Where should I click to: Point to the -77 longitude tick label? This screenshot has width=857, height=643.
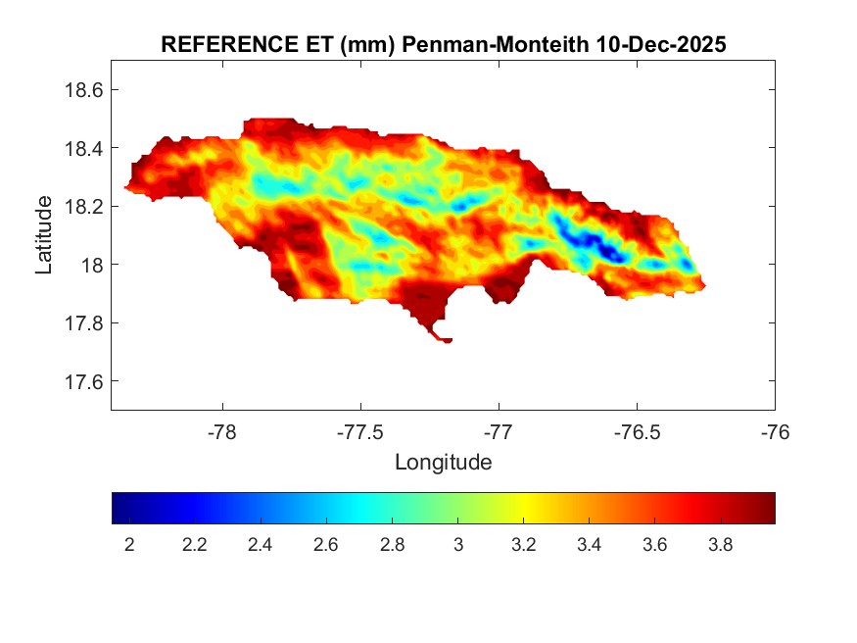coord(499,430)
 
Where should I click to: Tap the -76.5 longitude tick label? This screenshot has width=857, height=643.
coord(637,430)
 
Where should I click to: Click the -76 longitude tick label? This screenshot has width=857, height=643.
coord(775,430)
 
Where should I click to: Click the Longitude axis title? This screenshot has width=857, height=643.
coord(443,462)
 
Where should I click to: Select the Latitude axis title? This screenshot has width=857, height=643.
coord(44,235)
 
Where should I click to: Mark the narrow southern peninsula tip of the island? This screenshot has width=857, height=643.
coord(446,340)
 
